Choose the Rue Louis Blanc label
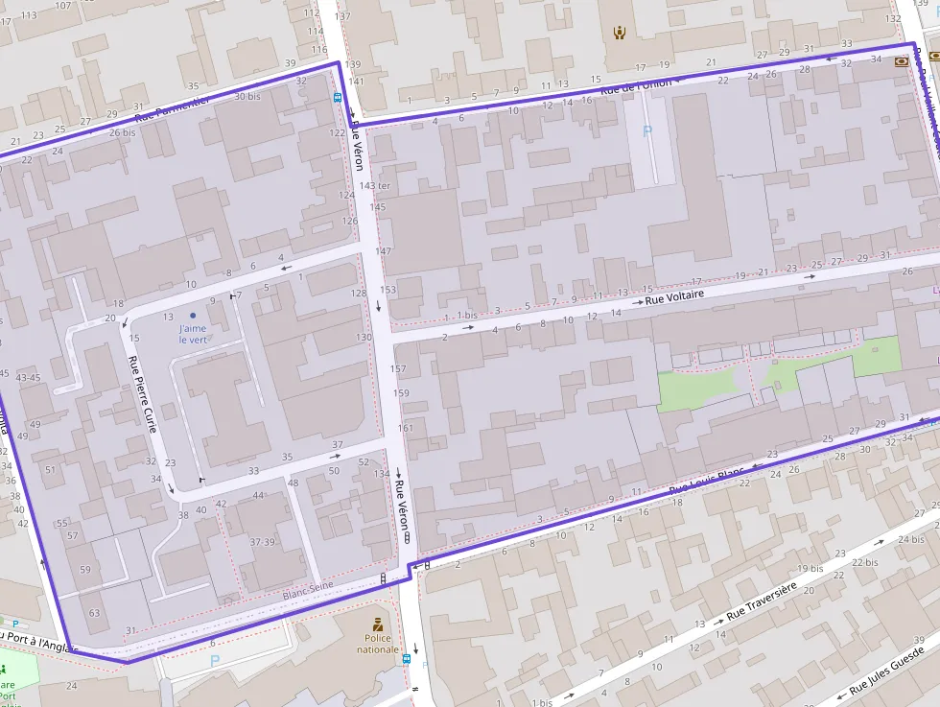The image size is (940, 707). [706, 483]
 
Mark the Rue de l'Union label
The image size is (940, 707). [636, 86]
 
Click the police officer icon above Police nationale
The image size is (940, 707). [378, 625]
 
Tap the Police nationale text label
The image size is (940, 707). [378, 644]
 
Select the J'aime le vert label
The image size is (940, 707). [193, 334]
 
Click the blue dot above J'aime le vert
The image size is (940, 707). [193, 315]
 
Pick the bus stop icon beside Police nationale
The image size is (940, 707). [408, 659]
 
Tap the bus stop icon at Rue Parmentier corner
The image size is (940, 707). [338, 97]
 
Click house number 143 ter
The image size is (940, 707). [374, 185]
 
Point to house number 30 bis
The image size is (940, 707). [247, 96]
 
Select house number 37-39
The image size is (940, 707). [263, 542]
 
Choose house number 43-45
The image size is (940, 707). [28, 377]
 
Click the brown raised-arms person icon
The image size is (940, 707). [620, 33]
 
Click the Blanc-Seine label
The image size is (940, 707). [307, 595]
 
